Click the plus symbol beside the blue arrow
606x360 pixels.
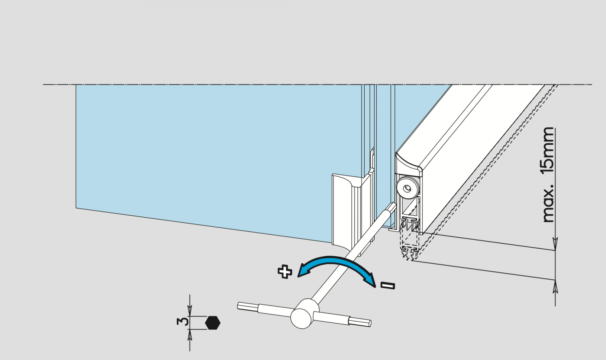[285, 272]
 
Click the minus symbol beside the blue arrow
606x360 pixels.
[388, 285]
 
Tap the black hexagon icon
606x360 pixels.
[213, 323]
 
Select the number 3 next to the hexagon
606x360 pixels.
[182, 322]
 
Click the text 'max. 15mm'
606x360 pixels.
[548, 175]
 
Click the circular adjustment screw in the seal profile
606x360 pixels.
[407, 188]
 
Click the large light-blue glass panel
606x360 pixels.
[215, 158]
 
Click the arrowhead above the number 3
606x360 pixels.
[190, 311]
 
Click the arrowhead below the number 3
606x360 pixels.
[190, 335]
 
